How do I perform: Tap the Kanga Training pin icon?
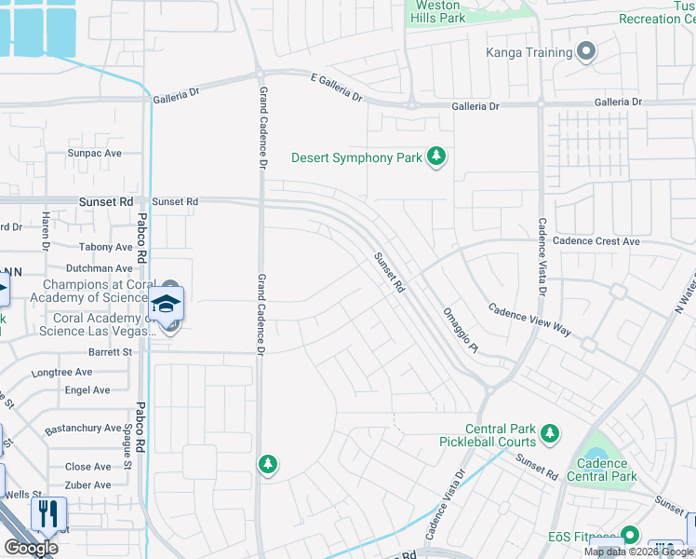tap(585, 52)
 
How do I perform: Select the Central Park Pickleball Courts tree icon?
tap(551, 433)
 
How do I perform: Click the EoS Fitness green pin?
tap(630, 535)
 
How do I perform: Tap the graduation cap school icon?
tap(167, 303)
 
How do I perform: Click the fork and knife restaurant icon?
tap(48, 513)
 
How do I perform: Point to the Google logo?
tap(30, 547)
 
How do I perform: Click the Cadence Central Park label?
tap(601, 470)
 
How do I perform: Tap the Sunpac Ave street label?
tap(94, 153)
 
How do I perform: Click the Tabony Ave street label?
tap(106, 247)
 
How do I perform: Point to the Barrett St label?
tap(110, 352)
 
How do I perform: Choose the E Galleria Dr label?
tap(323, 91)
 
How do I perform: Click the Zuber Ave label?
tap(87, 484)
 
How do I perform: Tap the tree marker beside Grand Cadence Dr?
tap(267, 463)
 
